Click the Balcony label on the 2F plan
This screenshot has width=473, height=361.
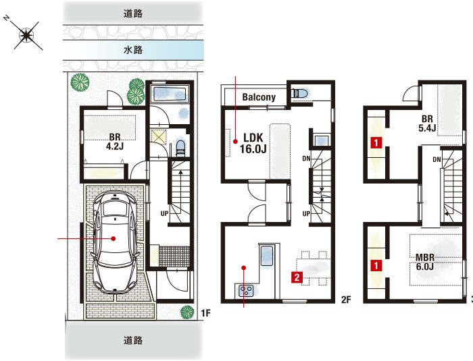pos(259,97)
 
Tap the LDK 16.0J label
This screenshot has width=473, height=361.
pos(253,143)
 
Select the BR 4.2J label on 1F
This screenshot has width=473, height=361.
pos(115,142)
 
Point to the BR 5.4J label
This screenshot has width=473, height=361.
pos(427,123)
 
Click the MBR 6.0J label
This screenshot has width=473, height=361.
pos(425,262)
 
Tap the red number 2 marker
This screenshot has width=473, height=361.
pos(297,277)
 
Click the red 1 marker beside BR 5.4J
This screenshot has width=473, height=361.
pos(376,142)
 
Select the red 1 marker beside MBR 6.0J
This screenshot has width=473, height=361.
pos(376,265)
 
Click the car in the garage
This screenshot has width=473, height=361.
pos(115,242)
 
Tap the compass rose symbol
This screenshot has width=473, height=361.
pos(26,36)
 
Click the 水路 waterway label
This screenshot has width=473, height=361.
pos(133,50)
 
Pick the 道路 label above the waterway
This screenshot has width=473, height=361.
pos(133,13)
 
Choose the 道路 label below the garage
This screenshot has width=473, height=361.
pos(133,341)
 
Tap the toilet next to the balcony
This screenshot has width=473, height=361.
pos(299,93)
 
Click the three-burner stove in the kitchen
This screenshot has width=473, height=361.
pos(246,291)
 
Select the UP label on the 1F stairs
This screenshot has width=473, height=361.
pos(164,214)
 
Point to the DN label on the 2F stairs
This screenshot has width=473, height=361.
pos(306,158)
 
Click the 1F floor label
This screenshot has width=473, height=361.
pos(205,313)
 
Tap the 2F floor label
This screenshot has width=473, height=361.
pos(346,300)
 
